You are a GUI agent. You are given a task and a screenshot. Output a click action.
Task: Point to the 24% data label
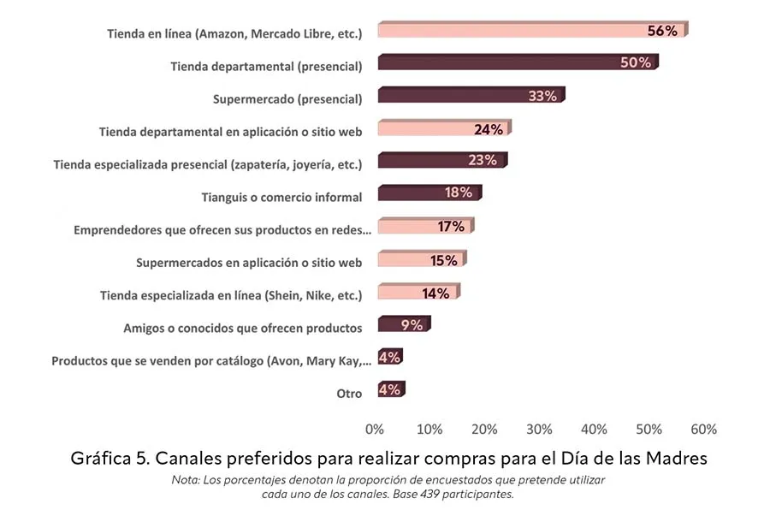click(488, 130)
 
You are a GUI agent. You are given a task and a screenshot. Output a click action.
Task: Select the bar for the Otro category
click(390, 390)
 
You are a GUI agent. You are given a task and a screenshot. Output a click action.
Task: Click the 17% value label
click(450, 227)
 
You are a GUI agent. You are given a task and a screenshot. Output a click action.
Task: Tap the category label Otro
click(349, 394)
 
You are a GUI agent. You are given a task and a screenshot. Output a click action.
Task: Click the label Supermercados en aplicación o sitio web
click(249, 262)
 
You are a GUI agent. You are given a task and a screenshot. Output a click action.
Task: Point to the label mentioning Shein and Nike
click(231, 295)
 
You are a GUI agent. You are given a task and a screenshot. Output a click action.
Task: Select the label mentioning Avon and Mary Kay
click(212, 360)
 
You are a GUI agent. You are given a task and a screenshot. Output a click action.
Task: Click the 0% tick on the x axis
click(375, 429)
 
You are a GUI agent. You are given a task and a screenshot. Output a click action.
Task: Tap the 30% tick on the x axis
click(539, 429)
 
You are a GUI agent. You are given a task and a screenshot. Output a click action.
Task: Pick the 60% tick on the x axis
click(703, 429)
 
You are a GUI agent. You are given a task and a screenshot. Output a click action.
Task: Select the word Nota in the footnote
click(187, 480)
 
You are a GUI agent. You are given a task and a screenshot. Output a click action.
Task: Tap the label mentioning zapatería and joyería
click(208, 163)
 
